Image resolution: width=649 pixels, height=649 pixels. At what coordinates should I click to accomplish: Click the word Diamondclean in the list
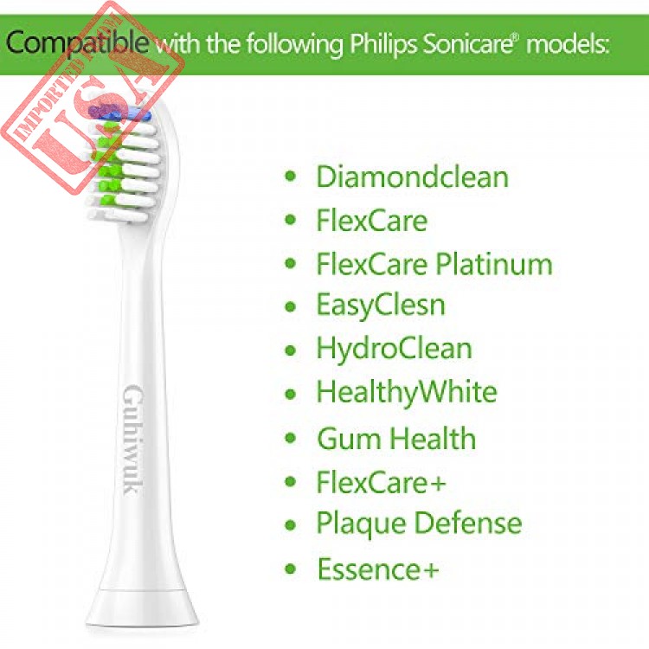(x=412, y=177)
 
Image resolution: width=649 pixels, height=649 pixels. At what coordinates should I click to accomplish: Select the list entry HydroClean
(x=394, y=348)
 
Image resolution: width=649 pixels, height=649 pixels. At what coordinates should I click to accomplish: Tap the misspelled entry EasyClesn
(x=381, y=305)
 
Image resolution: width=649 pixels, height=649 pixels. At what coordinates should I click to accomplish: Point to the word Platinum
(x=494, y=263)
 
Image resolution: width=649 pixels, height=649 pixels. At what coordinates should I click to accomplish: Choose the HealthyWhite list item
(x=407, y=392)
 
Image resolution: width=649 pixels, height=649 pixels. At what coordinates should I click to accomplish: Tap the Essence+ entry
(x=377, y=569)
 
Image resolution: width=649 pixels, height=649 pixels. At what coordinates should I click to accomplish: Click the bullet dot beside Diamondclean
(x=291, y=177)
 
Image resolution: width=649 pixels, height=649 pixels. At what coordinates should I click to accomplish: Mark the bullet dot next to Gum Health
(x=291, y=438)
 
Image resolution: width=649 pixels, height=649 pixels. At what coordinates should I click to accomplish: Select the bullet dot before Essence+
(x=291, y=569)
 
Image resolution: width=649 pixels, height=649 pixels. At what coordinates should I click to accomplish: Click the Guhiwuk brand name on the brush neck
(x=133, y=440)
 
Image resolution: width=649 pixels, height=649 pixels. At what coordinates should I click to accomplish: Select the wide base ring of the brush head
(x=142, y=607)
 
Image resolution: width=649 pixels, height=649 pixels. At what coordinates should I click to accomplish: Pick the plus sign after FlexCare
(x=436, y=483)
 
